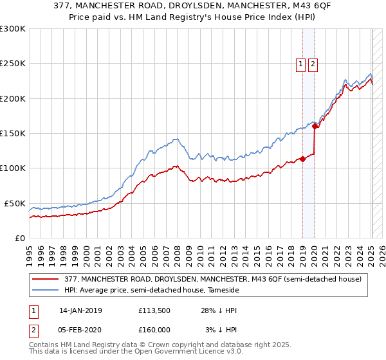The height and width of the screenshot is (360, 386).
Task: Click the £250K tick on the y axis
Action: [13, 64]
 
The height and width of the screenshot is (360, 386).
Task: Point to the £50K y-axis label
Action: [15, 203]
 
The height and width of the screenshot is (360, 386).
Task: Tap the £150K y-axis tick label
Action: [13, 133]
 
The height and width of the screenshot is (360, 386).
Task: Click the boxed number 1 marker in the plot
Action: [300, 64]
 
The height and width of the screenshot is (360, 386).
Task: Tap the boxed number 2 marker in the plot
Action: [313, 64]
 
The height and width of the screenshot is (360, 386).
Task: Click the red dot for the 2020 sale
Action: [315, 127]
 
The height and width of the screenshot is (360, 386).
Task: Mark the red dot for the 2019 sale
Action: [302, 159]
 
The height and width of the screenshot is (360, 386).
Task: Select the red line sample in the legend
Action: [46, 279]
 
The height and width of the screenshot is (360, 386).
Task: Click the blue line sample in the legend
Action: [46, 291]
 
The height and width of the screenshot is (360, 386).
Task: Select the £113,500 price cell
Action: [154, 310]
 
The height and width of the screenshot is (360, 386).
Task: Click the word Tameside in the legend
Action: [221, 291]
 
